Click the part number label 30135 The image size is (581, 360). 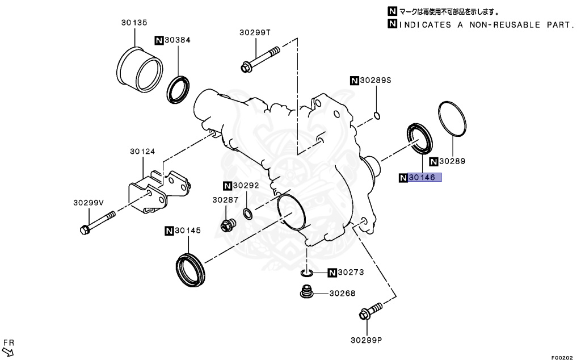pyautogui.click(x=134, y=23)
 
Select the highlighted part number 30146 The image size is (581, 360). pyautogui.click(x=422, y=178)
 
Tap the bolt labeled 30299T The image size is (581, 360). pyautogui.click(x=260, y=60)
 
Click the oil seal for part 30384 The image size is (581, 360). pyautogui.click(x=179, y=89)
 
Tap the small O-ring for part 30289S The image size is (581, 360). pyautogui.click(x=376, y=117)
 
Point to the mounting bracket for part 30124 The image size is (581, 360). pyautogui.click(x=158, y=190)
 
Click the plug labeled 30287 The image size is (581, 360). pyautogui.click(x=228, y=224)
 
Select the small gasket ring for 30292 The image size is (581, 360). pyautogui.click(x=248, y=214)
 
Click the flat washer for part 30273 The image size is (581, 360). pyautogui.click(x=306, y=274)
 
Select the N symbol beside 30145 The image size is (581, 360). pyautogui.click(x=169, y=231)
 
